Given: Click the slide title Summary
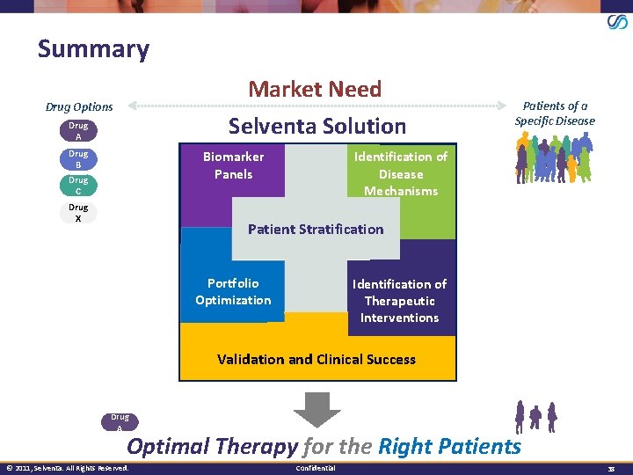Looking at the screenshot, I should pyautogui.click(x=93, y=48).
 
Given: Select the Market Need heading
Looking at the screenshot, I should pyautogui.click(x=315, y=89).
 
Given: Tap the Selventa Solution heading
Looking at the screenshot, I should pyautogui.click(x=317, y=126).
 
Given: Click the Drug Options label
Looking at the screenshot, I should pyautogui.click(x=79, y=106).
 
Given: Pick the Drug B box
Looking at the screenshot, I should pyautogui.click(x=78, y=159).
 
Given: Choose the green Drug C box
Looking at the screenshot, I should pyautogui.click(x=78, y=186).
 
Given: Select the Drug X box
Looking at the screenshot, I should pyautogui.click(x=78, y=213).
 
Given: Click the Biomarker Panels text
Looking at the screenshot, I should pyautogui.click(x=233, y=165).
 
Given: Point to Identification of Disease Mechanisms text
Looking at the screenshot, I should pyautogui.click(x=400, y=173).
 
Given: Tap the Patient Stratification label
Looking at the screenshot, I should pyautogui.click(x=316, y=230).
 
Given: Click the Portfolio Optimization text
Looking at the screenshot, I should pyautogui.click(x=233, y=292).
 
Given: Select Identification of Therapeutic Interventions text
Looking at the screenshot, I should pyautogui.click(x=399, y=301).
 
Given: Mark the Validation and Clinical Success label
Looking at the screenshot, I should pyautogui.click(x=316, y=359).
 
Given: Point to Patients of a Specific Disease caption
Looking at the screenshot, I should pyautogui.click(x=555, y=113).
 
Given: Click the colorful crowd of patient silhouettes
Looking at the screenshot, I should pyautogui.click(x=553, y=162).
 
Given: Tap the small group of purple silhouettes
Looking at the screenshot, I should pyautogui.click(x=536, y=415).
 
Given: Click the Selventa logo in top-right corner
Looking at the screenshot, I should pyautogui.click(x=617, y=22).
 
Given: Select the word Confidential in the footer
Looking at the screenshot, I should pyautogui.click(x=316, y=468).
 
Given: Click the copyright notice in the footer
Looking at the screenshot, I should pyautogui.click(x=67, y=468).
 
